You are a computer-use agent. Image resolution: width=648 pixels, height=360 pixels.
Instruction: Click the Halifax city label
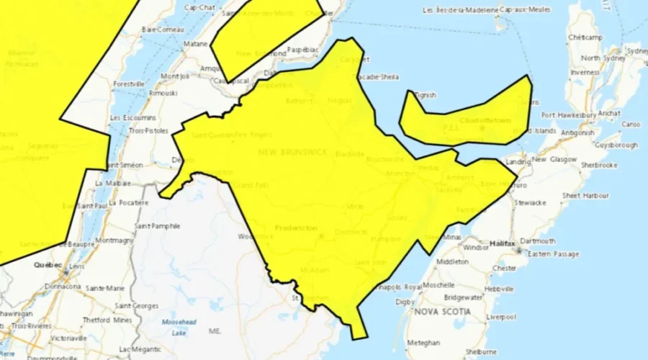(x=502, y=244)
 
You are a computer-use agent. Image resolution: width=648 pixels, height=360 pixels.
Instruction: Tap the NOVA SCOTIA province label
(x=442, y=312)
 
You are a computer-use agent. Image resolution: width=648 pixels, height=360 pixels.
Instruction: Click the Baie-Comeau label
(x=159, y=30)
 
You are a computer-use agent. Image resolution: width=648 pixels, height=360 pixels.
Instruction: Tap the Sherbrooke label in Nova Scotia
(x=599, y=165)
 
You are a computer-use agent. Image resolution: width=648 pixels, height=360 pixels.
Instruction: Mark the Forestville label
(x=128, y=84)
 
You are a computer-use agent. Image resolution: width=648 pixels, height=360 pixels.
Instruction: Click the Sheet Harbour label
(x=581, y=196)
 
